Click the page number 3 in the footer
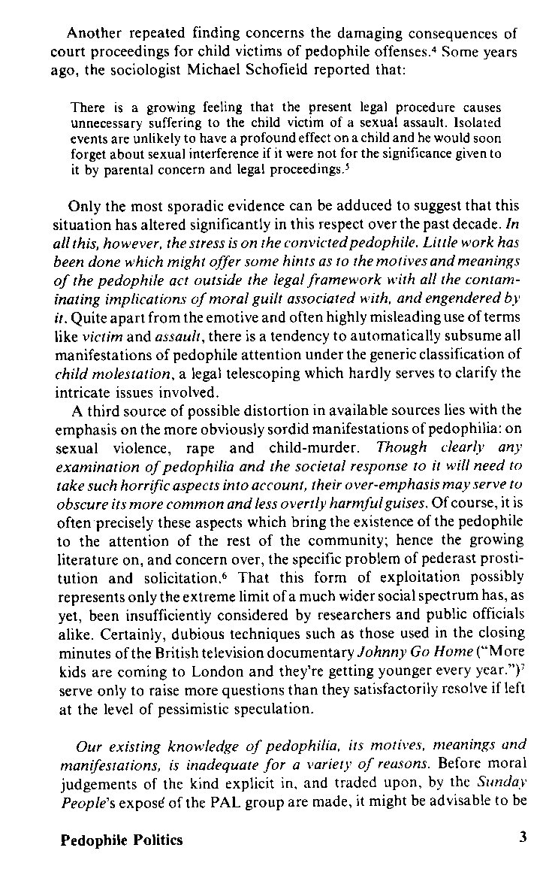click(x=522, y=839)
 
